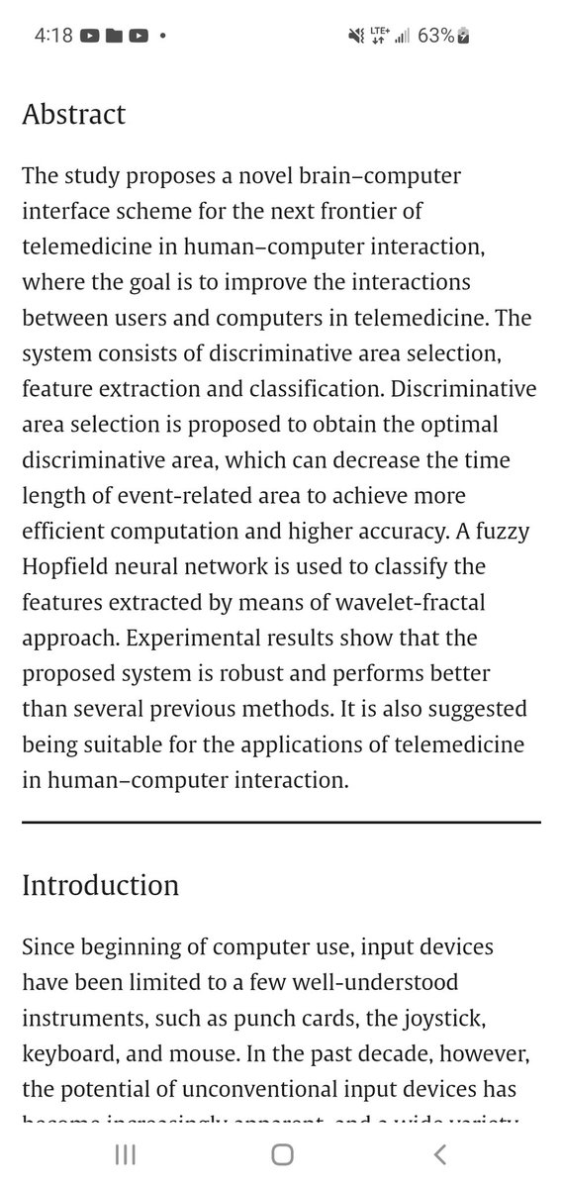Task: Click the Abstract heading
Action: [73, 114]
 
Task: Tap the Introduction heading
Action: [100, 884]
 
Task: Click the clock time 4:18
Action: [52, 37]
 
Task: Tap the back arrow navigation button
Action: [440, 1154]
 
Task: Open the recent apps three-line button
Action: [124, 1154]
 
